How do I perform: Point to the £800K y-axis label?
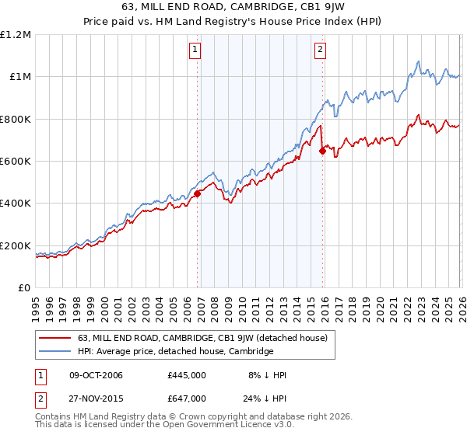coord(16,120)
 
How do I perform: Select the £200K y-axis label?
coord(16,245)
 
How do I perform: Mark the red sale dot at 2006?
coord(197,194)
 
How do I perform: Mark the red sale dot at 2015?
coord(322,151)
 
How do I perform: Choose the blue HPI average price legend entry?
coord(175,351)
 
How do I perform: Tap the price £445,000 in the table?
coord(186,375)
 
